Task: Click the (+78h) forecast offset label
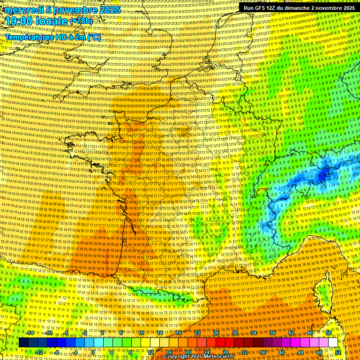pos(81,22)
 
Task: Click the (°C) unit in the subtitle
pos(94,37)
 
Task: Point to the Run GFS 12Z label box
pos(297,8)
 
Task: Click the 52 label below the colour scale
pos(338,352)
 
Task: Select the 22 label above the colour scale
pos(197,333)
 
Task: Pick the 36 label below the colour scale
pos(263,352)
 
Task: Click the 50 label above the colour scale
pos(329,333)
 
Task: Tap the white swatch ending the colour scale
pos(333,343)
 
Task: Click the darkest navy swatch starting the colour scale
pos(23,343)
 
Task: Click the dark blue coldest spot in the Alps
pos(323,176)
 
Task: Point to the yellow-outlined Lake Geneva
pos(263,191)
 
